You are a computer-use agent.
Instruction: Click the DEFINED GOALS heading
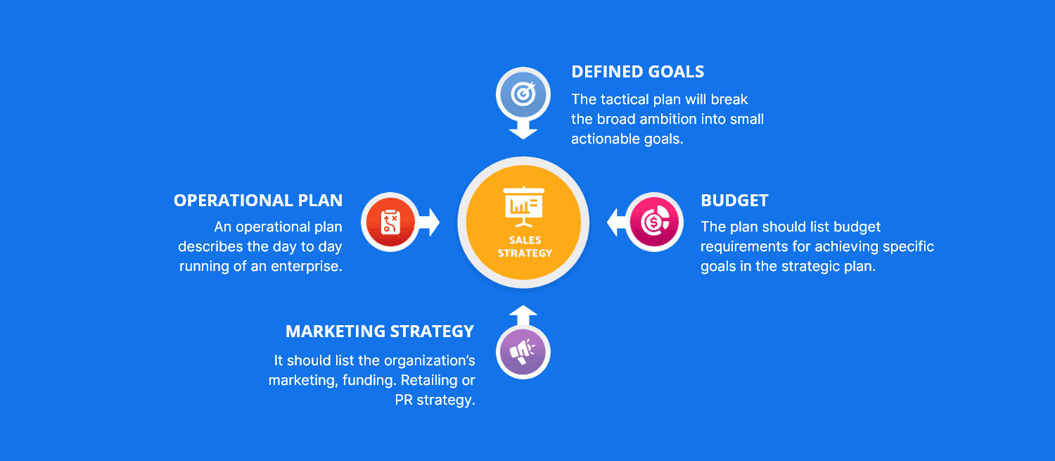click(x=637, y=72)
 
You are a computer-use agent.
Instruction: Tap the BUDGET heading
click(x=734, y=201)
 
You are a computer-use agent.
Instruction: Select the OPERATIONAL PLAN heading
click(x=258, y=201)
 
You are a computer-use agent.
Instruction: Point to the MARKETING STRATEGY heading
click(x=380, y=331)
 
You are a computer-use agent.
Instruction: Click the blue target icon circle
click(x=523, y=94)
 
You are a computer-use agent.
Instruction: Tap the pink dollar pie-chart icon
click(x=654, y=222)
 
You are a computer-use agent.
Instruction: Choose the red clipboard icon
click(x=390, y=222)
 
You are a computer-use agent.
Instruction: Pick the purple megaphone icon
click(x=523, y=352)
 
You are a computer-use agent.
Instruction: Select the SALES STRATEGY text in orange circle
click(x=525, y=246)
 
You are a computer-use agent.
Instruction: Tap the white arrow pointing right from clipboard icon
click(x=429, y=222)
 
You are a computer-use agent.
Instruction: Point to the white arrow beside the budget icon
click(x=617, y=222)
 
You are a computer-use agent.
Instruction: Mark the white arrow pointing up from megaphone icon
click(x=523, y=315)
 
